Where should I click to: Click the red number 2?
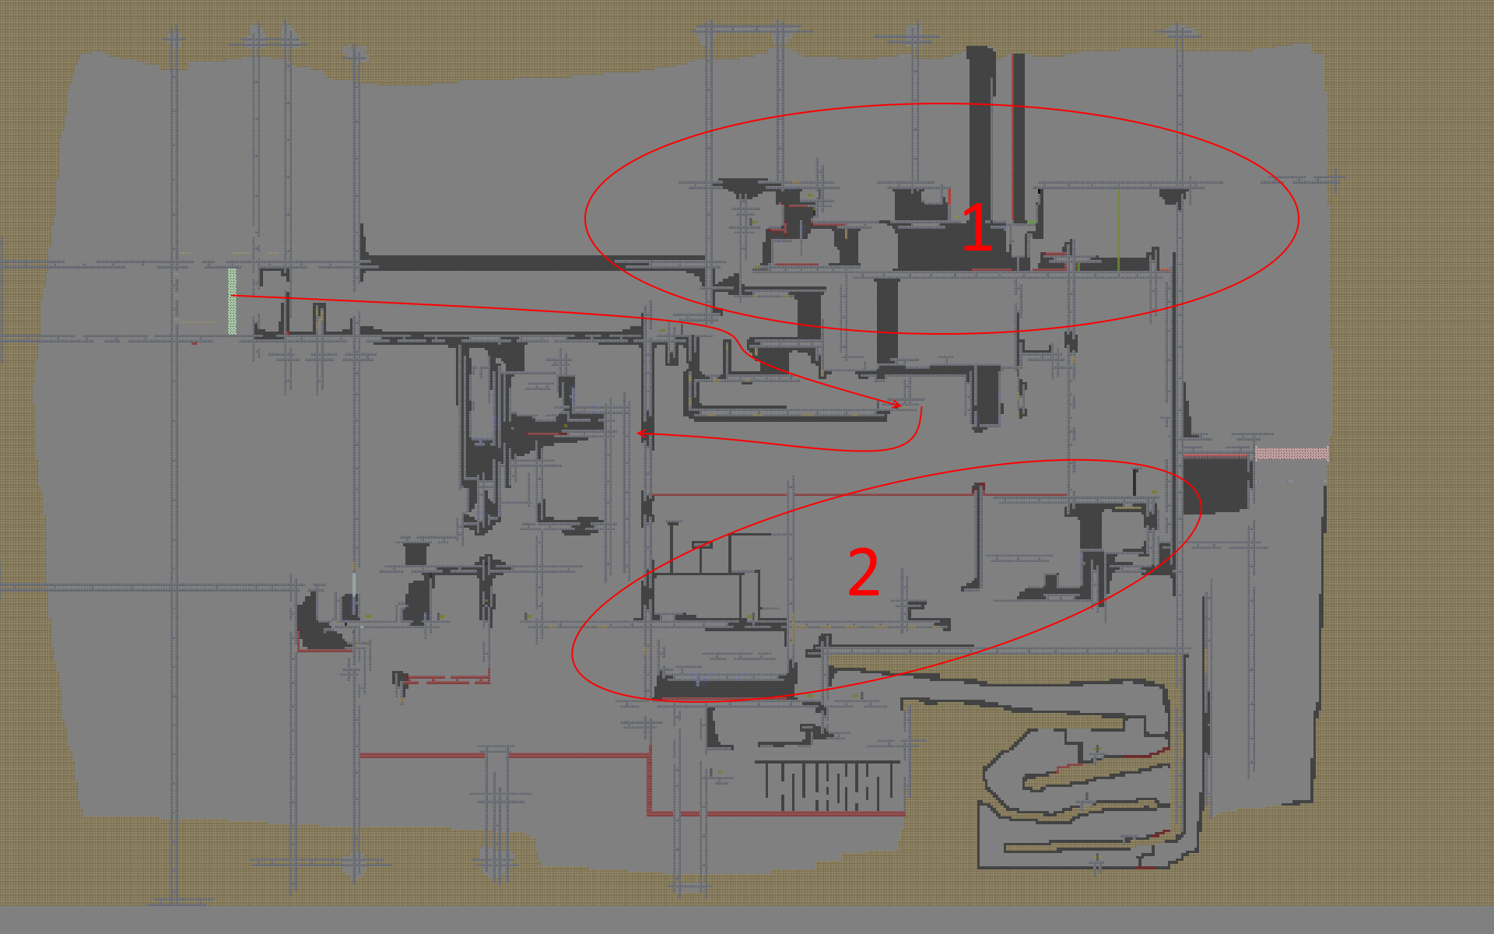[864, 572]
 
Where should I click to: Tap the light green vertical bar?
[232, 301]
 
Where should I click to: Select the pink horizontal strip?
[1292, 453]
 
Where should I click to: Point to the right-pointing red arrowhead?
[897, 404]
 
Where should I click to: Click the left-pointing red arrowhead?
[641, 433]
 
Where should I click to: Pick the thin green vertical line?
[1118, 230]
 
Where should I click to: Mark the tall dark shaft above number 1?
[980, 132]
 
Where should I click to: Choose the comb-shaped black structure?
[828, 785]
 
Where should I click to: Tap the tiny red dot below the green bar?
[194, 342]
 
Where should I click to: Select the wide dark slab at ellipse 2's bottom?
[724, 687]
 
